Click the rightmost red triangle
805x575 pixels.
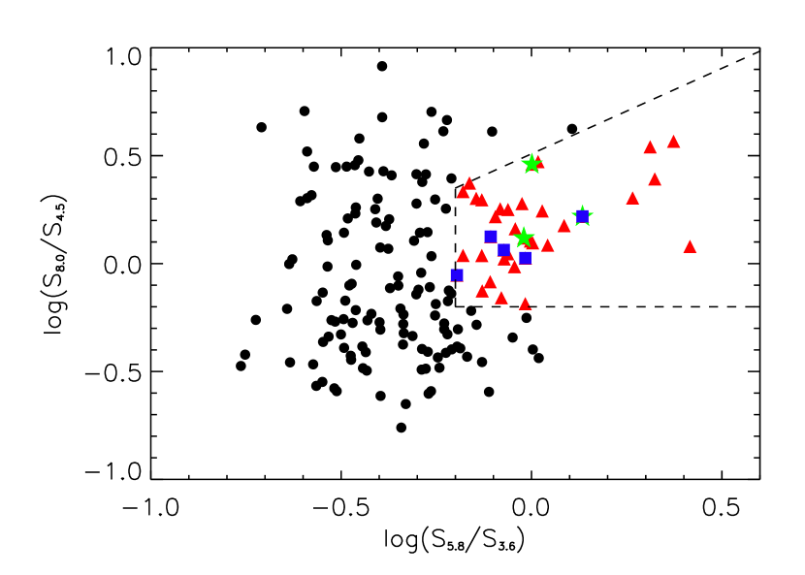tap(690, 247)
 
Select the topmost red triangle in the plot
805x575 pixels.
tap(673, 142)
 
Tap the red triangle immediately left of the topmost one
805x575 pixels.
tap(650, 147)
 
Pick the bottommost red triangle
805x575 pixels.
tap(525, 304)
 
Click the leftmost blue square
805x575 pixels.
tap(456, 275)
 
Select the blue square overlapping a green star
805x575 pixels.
tap(582, 216)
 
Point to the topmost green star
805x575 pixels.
tap(531, 164)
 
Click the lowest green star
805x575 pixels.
tap(524, 238)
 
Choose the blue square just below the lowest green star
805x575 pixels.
tap(525, 257)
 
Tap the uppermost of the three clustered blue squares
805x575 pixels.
tap(491, 236)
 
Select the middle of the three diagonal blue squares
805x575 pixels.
tap(503, 249)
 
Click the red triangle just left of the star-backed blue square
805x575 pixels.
tap(563, 226)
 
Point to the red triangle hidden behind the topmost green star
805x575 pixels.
tap(539, 163)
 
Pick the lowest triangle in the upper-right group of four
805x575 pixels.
tap(632, 198)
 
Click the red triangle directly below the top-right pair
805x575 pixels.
tap(655, 179)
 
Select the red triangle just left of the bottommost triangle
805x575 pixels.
tap(501, 298)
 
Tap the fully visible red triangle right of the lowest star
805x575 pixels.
tap(547, 245)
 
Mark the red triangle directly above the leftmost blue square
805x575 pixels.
tap(463, 256)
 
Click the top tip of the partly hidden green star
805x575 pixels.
tap(582, 206)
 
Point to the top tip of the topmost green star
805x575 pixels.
tap(531, 153)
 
